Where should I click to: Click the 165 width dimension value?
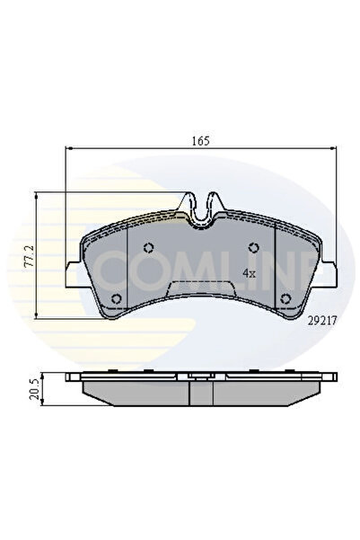click(198, 140)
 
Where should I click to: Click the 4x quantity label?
click(250, 271)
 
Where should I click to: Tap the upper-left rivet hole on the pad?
click(150, 250)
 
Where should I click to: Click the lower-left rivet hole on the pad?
click(114, 300)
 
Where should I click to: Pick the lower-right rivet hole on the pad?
click(285, 300)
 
